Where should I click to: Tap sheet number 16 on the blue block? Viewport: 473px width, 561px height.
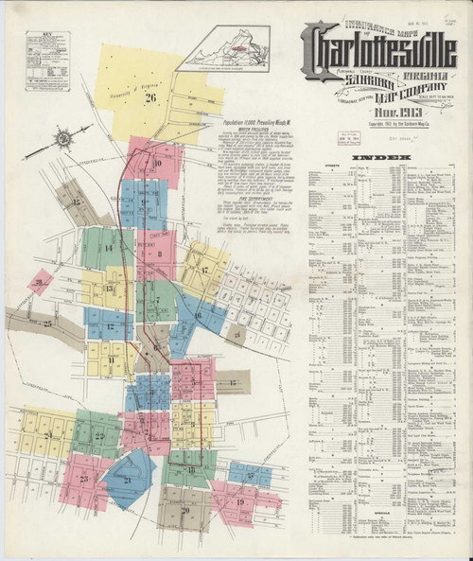click(x=197, y=314)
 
